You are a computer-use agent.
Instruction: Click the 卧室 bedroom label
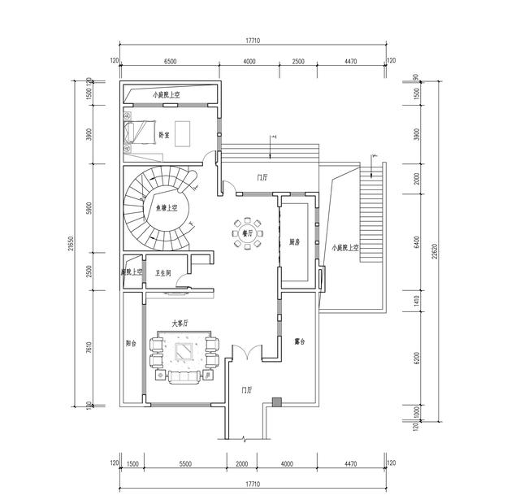point(164,135)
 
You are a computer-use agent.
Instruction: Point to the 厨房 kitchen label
point(295,241)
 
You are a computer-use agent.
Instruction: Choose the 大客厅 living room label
point(180,324)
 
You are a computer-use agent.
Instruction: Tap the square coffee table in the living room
point(184,352)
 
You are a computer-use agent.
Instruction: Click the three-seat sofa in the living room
point(184,376)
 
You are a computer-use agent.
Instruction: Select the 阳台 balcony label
point(132,342)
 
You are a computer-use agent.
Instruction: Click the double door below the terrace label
point(247,352)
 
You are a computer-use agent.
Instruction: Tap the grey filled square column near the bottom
point(277,401)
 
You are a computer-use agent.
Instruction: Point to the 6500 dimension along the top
point(170,61)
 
